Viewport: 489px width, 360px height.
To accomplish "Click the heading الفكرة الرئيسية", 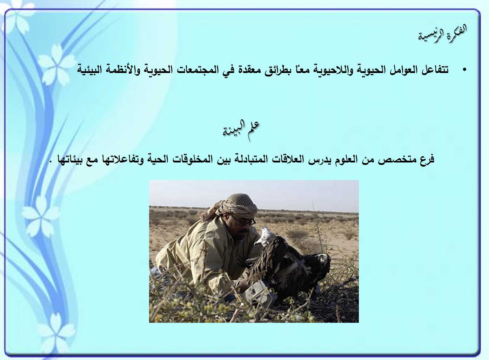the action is point(442,35).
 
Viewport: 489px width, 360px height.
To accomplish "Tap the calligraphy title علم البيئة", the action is point(241,130).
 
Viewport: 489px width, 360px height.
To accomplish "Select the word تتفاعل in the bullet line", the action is point(434,69).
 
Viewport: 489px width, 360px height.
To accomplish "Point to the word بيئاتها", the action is point(71,159).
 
